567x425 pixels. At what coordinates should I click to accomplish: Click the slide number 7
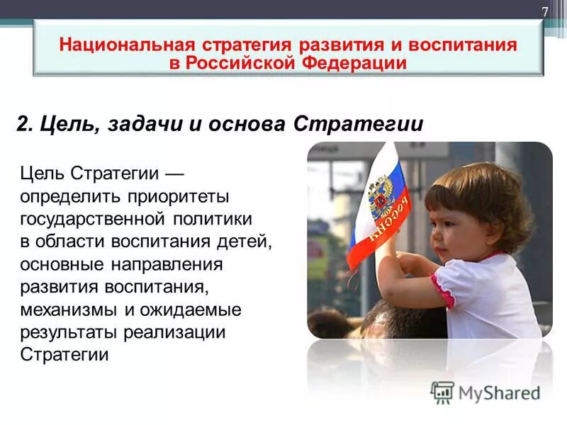pyautogui.click(x=545, y=12)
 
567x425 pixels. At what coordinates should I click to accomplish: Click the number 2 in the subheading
pyautogui.click(x=23, y=124)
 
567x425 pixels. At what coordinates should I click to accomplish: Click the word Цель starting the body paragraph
pyautogui.click(x=42, y=172)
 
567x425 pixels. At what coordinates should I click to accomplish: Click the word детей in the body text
pyautogui.click(x=245, y=241)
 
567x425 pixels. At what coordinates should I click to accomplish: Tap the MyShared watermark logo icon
pyautogui.click(x=442, y=392)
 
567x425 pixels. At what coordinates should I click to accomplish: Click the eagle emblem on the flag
pyautogui.click(x=382, y=195)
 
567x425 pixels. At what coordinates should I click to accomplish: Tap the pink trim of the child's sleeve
pyautogui.click(x=443, y=290)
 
